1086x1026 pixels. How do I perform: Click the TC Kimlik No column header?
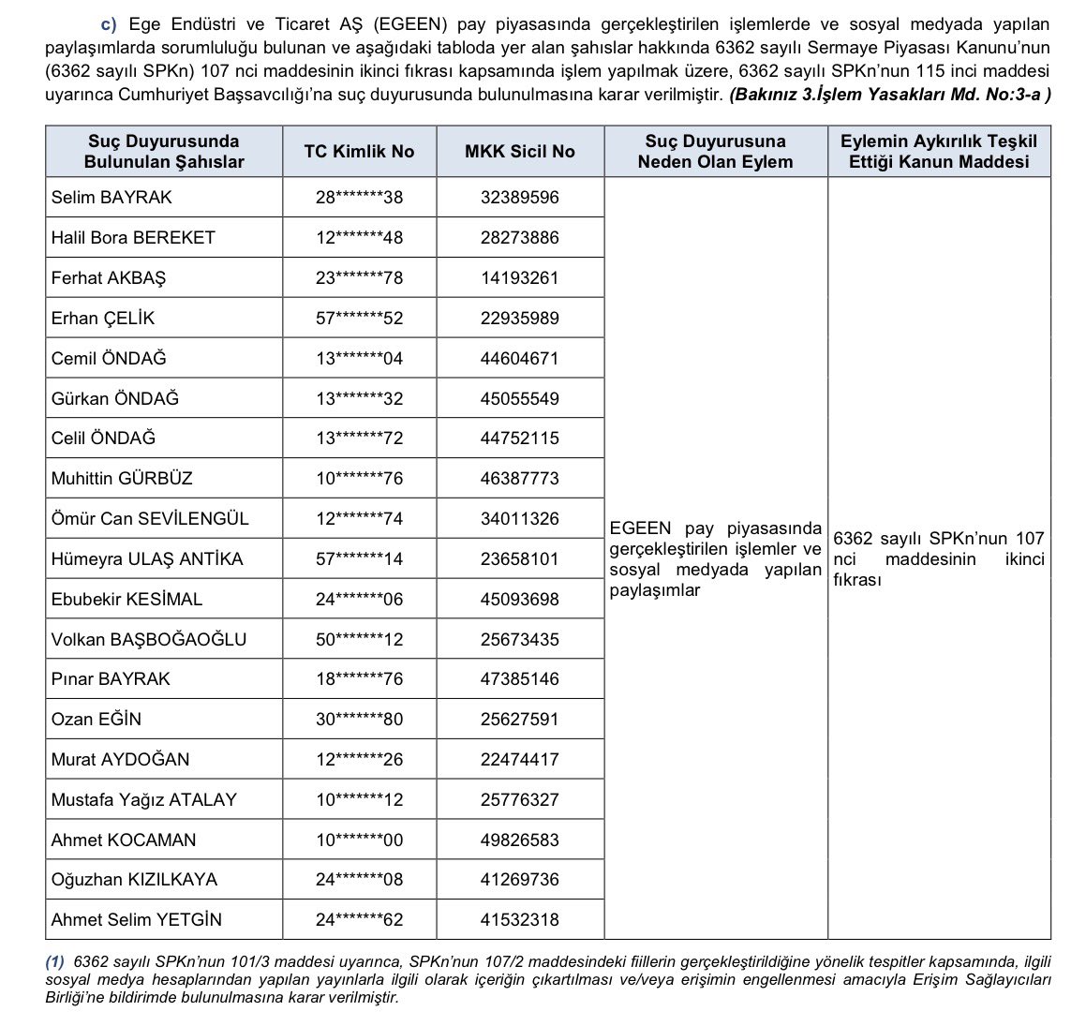click(359, 152)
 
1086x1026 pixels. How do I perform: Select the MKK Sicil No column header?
click(519, 152)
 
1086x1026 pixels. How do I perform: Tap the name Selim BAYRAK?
click(112, 198)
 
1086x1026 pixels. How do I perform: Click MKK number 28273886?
click(519, 238)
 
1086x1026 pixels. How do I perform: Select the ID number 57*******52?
click(359, 319)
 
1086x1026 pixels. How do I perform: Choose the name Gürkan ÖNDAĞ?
click(115, 399)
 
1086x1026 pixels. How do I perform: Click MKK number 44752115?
click(519, 439)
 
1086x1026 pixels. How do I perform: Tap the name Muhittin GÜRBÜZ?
click(122, 479)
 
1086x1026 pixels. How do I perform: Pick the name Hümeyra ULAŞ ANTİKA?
click(147, 559)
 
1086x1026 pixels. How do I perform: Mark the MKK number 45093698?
click(519, 600)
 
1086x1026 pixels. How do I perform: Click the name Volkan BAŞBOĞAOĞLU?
click(149, 640)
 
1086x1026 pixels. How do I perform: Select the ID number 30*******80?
click(359, 720)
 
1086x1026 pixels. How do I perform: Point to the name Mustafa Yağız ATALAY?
click(144, 800)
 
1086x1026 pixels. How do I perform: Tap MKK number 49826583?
click(519, 840)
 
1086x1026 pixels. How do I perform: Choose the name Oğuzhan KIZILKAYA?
click(134, 880)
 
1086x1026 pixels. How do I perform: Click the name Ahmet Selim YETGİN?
click(137, 920)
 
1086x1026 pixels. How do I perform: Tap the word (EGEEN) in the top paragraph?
click(400, 23)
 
